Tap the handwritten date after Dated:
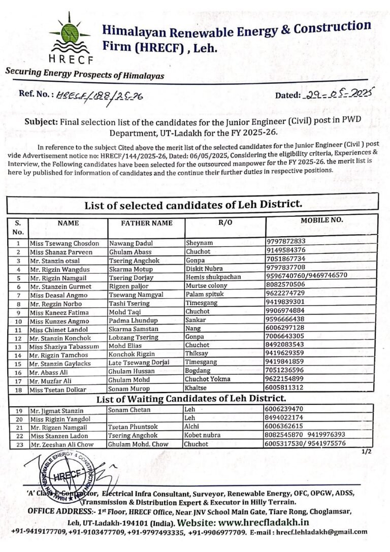pyautogui.click(x=337, y=94)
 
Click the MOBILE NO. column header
pyautogui.click(x=321, y=220)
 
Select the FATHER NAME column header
pyautogui.click(x=146, y=223)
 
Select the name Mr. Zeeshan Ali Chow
pyautogui.click(x=67, y=444)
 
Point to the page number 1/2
pyautogui.click(x=367, y=451)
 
